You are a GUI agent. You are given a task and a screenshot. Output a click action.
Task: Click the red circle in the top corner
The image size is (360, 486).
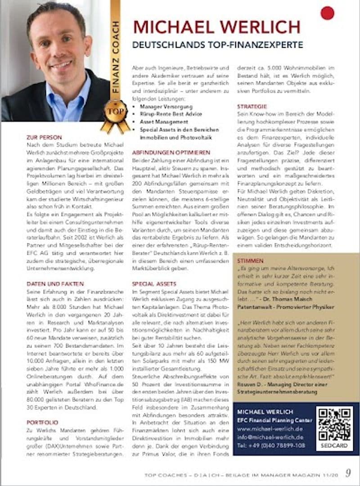point(327,13)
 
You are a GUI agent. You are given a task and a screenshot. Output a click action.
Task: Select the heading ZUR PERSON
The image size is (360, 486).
point(44,137)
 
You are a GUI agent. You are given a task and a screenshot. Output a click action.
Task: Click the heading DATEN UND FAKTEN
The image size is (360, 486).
point(55,284)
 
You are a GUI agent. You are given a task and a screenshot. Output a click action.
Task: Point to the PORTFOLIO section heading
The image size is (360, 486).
point(42,423)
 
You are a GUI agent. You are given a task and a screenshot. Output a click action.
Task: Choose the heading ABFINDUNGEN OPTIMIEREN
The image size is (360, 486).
point(171,153)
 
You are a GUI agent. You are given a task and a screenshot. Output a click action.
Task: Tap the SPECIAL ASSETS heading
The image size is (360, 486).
point(154,284)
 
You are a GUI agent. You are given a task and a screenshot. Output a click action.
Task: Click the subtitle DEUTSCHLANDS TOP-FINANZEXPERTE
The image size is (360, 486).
point(217,45)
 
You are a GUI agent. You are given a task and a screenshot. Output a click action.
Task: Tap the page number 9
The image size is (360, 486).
point(348,473)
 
